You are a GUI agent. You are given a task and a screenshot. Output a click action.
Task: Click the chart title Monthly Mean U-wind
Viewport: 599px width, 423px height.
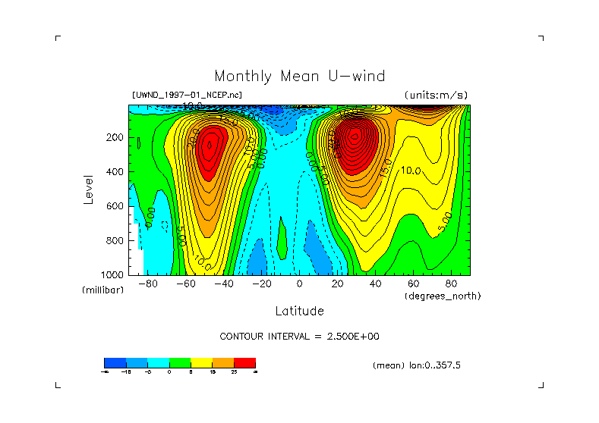pos(299,76)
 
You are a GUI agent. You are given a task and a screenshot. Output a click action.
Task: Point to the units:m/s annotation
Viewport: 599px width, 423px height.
pos(436,95)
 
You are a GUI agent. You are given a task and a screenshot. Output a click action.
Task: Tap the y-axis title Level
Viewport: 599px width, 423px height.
pos(88,189)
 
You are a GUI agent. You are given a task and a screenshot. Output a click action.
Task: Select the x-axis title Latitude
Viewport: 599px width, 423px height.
pos(299,311)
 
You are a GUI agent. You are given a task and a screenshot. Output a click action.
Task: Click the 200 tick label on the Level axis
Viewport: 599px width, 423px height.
pos(115,138)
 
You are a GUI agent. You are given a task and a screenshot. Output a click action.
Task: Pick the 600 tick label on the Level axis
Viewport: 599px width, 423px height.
pos(115,206)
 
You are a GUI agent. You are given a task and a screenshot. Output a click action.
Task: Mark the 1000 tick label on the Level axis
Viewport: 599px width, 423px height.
pos(112,274)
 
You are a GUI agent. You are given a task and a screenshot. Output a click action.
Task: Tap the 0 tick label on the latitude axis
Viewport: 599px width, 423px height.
pos(299,284)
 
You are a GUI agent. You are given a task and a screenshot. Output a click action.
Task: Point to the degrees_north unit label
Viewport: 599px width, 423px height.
pos(443,295)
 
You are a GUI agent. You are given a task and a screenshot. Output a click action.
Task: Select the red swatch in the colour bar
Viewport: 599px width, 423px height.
pos(244,362)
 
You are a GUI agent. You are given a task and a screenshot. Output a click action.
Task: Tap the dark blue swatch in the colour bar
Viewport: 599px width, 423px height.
pos(115,362)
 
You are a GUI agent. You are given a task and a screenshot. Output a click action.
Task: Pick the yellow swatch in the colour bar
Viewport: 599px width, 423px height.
pos(201,362)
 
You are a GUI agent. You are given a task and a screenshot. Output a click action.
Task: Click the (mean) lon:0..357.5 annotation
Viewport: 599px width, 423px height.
pos(417,365)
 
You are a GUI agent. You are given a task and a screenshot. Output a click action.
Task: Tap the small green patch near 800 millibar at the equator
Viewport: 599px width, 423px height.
pos(282,237)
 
